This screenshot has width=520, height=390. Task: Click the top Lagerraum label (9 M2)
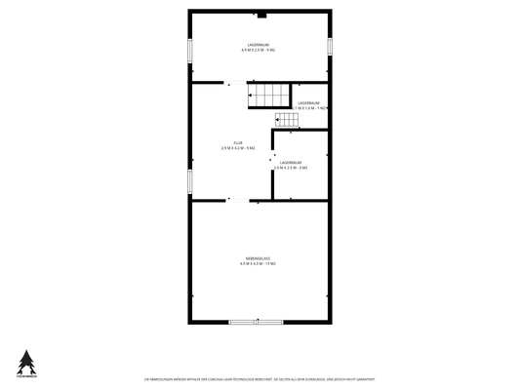click(x=259, y=44)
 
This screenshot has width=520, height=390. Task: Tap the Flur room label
click(x=238, y=142)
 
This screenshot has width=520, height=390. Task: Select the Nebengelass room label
click(x=259, y=258)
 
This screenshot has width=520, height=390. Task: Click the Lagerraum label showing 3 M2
click(x=291, y=162)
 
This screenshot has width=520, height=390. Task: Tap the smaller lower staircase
click(x=286, y=121)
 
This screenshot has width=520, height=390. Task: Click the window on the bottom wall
click(x=257, y=322)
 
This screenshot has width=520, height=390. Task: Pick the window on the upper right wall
click(x=330, y=45)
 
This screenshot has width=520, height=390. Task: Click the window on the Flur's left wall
click(x=188, y=181)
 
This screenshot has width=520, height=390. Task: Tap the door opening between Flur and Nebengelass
click(x=236, y=200)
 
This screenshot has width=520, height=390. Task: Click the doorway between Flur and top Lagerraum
click(x=236, y=84)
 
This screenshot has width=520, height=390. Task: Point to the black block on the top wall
click(x=260, y=15)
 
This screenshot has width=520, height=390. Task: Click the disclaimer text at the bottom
click(x=259, y=378)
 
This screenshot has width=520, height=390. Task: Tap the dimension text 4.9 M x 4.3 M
click(x=259, y=263)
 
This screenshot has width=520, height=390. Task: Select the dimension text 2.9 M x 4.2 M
click(x=238, y=148)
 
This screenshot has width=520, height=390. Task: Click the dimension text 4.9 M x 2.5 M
click(x=259, y=50)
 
